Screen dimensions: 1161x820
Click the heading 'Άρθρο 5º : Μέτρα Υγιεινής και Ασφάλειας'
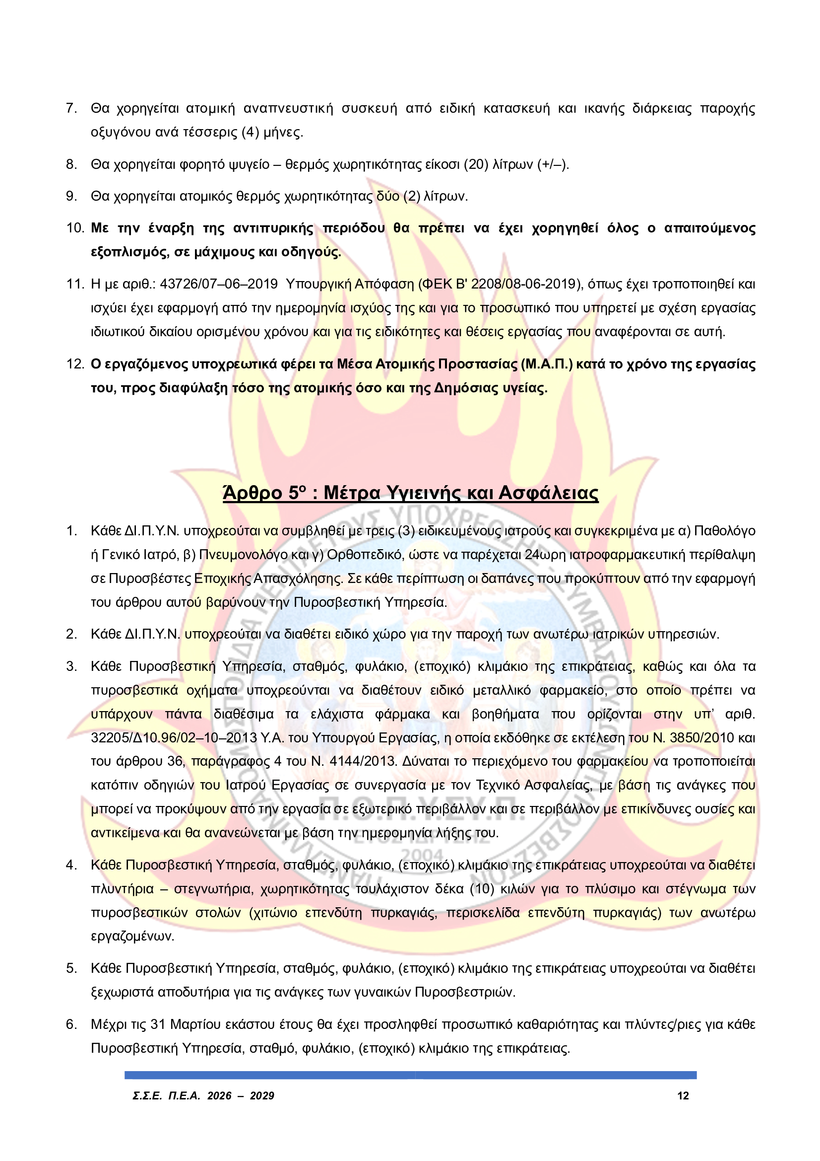[410, 493]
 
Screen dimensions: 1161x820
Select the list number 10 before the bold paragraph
[75, 228]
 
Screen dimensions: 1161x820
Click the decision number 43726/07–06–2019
[219, 284]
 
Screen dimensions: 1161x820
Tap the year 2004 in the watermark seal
[429, 855]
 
